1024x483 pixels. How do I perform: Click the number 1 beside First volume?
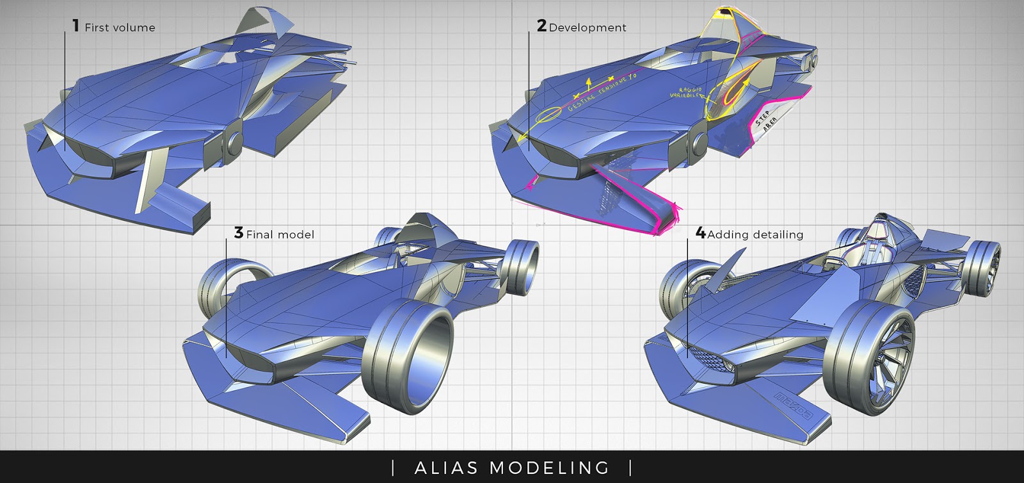coord(76,26)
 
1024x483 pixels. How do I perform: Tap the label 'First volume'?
coord(120,28)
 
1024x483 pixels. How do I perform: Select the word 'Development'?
coord(588,28)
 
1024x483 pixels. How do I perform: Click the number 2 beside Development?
coord(541,26)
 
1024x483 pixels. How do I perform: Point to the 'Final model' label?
coord(280,234)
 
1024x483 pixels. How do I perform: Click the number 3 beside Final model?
coord(238,233)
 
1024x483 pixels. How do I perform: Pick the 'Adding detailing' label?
coord(755,234)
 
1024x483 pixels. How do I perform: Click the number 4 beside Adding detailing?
coord(701,233)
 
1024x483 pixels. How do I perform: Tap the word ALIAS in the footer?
coord(445,468)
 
